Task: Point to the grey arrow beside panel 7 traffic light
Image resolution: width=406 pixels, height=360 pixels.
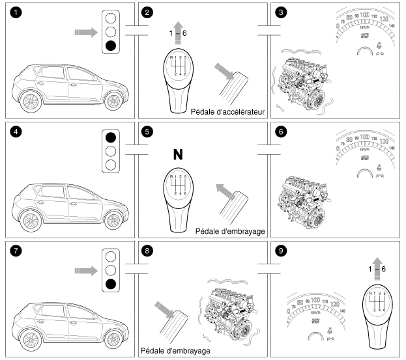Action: pos(85,268)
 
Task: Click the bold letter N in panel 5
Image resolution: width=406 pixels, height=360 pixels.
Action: pos(177,155)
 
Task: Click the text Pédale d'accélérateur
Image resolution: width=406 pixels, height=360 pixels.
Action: pos(228,112)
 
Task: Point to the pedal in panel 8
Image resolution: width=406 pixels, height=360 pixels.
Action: pos(172,326)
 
